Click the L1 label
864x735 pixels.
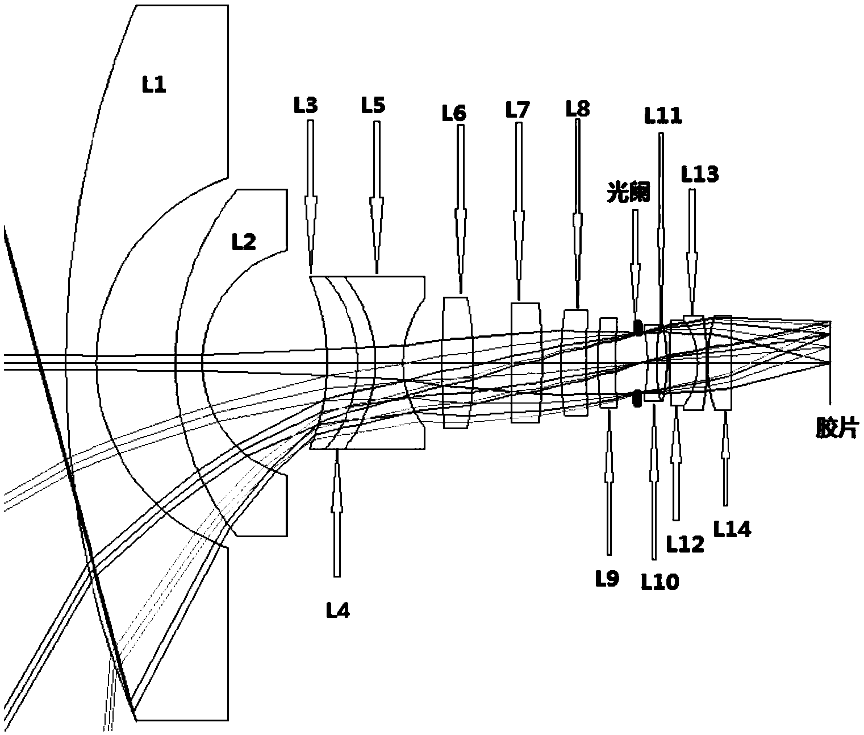coord(153,86)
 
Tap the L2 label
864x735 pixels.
coord(244,243)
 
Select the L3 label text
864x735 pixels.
coord(306,106)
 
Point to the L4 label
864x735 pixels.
coord(337,611)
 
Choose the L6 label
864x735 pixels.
coord(454,114)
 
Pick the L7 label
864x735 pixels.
coord(517,110)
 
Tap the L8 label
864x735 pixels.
coord(578,108)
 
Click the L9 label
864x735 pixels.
coord(607,579)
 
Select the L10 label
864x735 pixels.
coord(660,582)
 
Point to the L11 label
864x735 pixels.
coord(662,116)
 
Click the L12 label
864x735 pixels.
coord(685,544)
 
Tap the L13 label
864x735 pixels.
coord(700,175)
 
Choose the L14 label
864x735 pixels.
coord(732,530)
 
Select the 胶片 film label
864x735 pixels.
coord(836,429)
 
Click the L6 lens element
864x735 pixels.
coord(457,362)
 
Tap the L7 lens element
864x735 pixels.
coord(525,362)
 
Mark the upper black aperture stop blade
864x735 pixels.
coord(638,328)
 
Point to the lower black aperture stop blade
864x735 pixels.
coord(637,398)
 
